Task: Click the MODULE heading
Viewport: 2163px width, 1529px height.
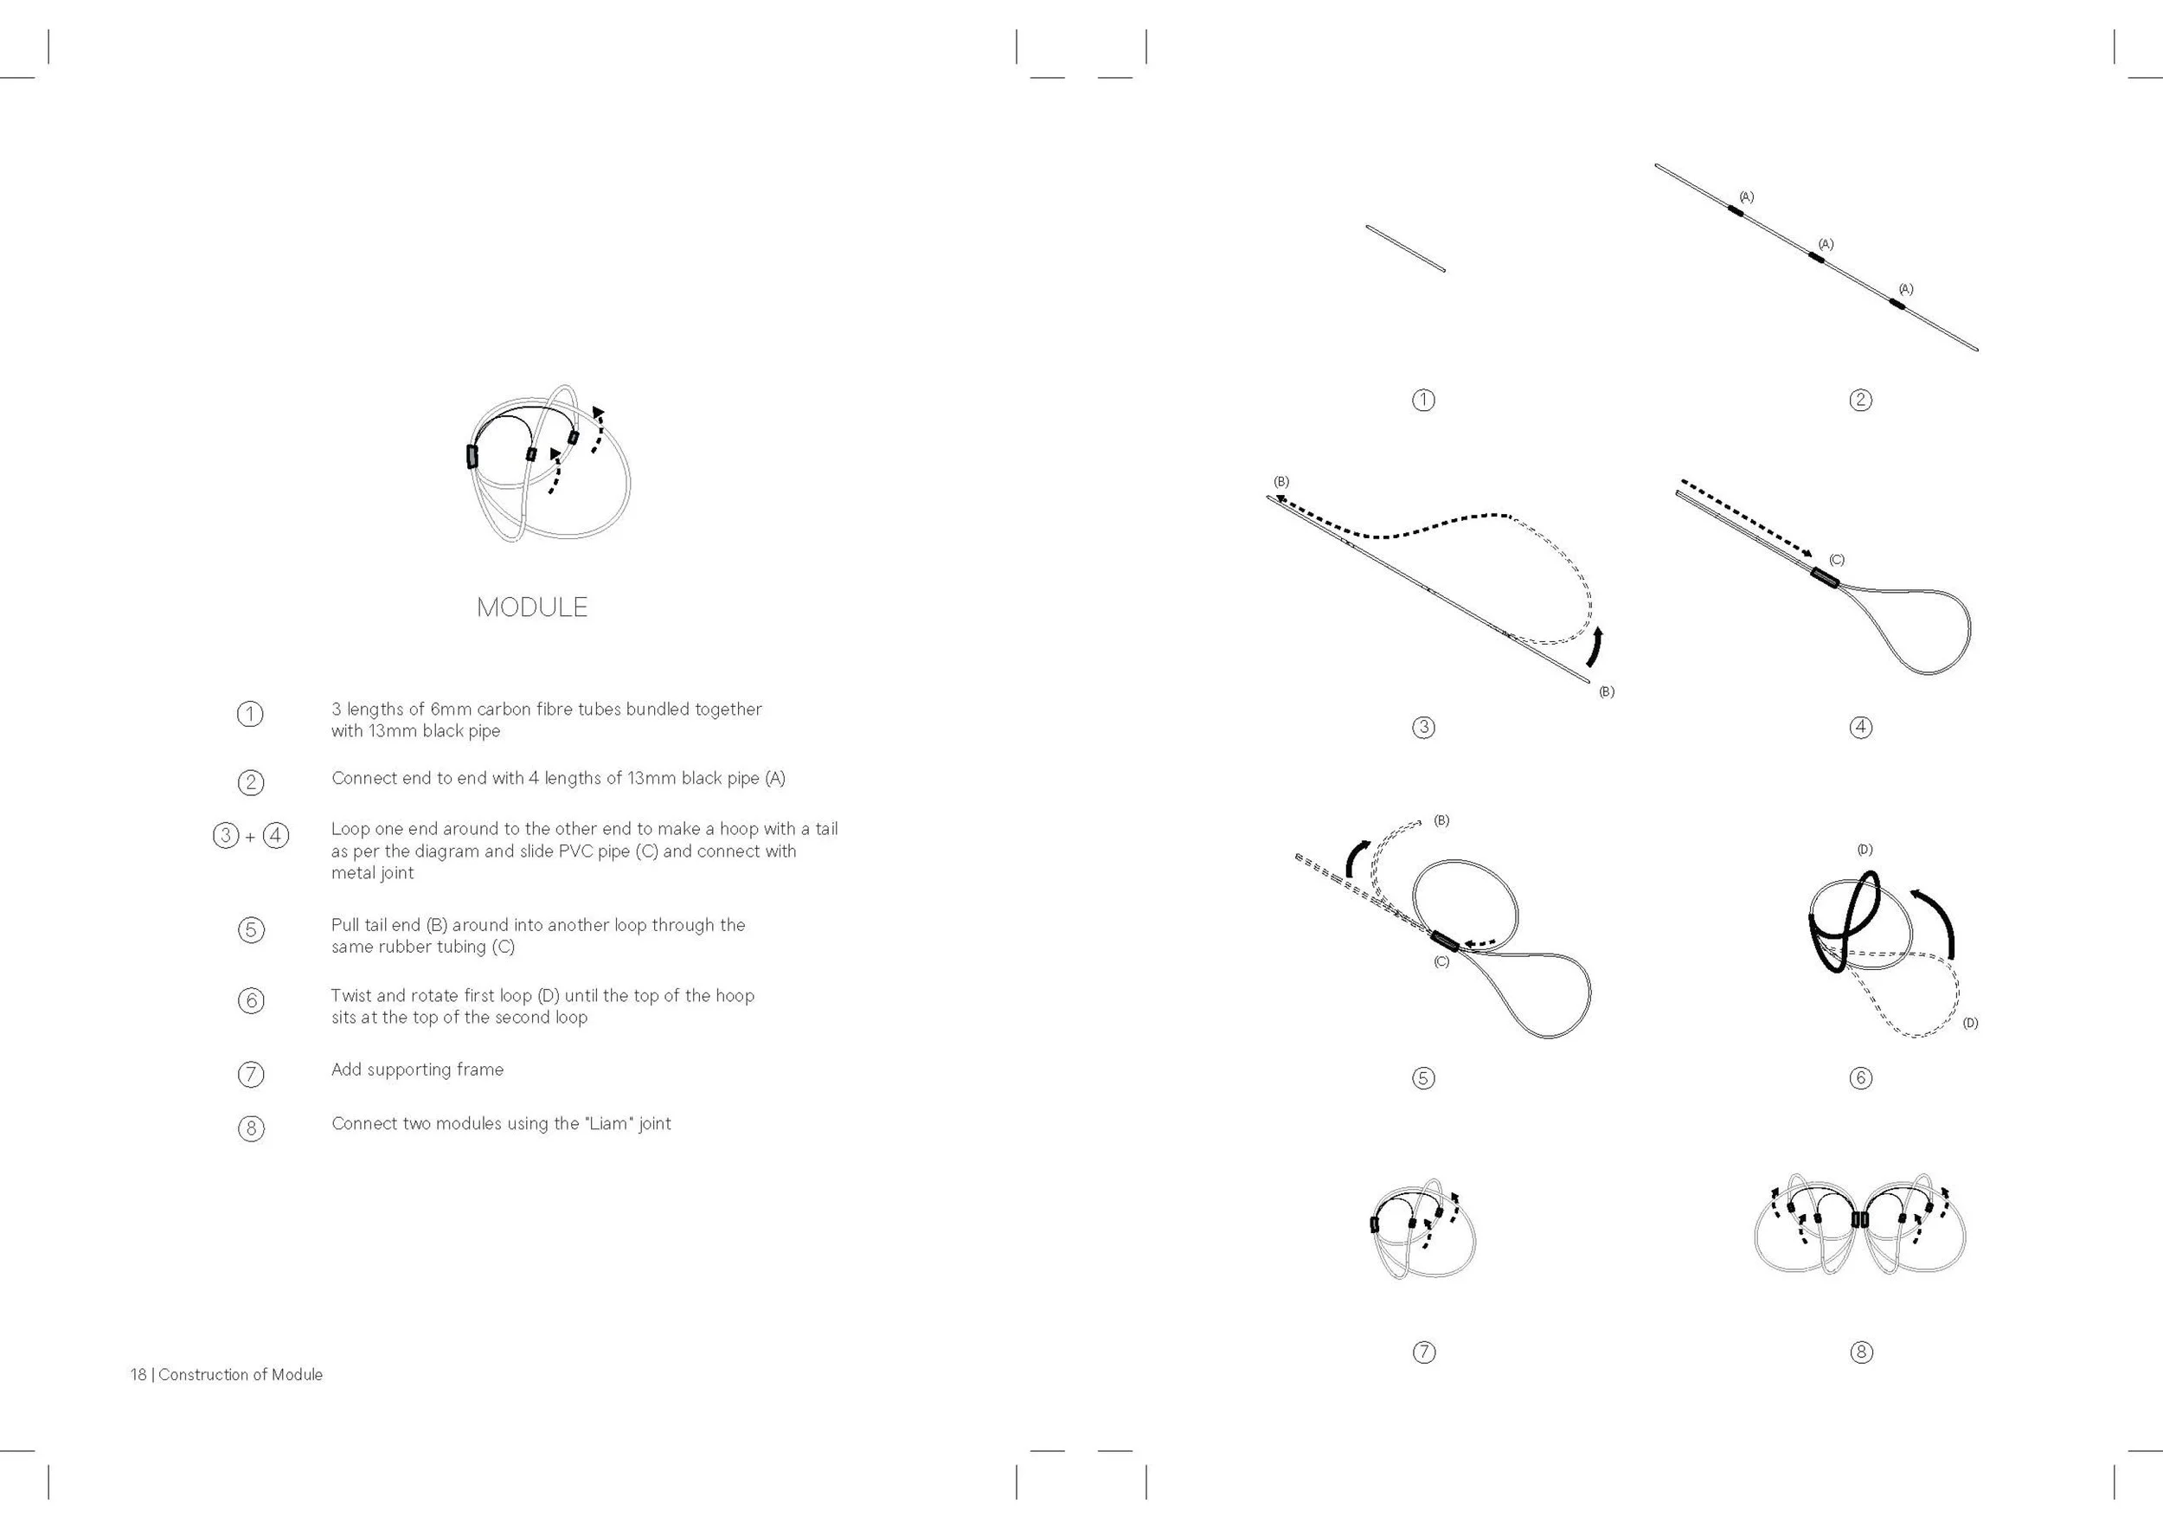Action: pyautogui.click(x=531, y=607)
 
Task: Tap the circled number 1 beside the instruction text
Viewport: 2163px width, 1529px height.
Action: pyautogui.click(x=250, y=714)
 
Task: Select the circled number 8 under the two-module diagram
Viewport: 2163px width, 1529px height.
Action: pyautogui.click(x=1860, y=1352)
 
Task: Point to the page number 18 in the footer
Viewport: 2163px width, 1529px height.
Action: pyautogui.click(x=138, y=1374)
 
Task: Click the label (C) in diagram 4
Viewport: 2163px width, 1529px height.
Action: pyautogui.click(x=1836, y=560)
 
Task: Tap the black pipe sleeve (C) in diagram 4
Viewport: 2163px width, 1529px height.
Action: pyautogui.click(x=1825, y=577)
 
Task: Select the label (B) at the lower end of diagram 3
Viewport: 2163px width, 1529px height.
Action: pyautogui.click(x=1606, y=691)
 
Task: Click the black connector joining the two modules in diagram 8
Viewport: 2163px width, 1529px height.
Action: pyautogui.click(x=1858, y=1219)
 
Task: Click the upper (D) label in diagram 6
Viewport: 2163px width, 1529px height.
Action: pyautogui.click(x=1865, y=850)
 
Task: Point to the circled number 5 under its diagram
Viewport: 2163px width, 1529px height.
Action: pyautogui.click(x=1423, y=1078)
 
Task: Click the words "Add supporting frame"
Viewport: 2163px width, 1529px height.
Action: pyautogui.click(x=417, y=1070)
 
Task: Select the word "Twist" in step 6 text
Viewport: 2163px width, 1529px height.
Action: pyautogui.click(x=350, y=996)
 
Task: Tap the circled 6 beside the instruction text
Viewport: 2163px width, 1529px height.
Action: pyautogui.click(x=251, y=1000)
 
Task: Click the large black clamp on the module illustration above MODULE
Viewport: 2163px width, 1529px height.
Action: pyautogui.click(x=472, y=456)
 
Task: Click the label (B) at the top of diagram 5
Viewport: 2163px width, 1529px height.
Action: pyautogui.click(x=1441, y=820)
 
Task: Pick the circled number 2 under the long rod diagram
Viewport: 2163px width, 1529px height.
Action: pyautogui.click(x=1860, y=400)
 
